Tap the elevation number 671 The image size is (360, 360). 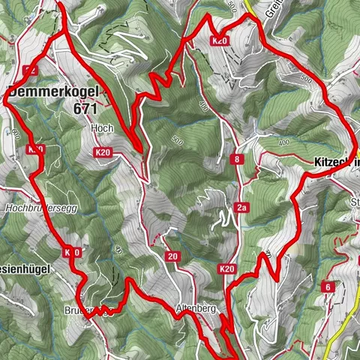pyautogui.click(x=86, y=108)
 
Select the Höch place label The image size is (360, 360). pyautogui.click(x=101, y=128)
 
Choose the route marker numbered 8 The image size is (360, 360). pyautogui.click(x=237, y=159)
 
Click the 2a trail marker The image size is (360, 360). pyautogui.click(x=241, y=208)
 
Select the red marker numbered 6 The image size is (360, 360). pyautogui.click(x=328, y=286)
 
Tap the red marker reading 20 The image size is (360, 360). pyautogui.click(x=173, y=257)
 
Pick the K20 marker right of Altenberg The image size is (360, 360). pyautogui.click(x=228, y=268)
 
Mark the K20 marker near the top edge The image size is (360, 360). pyautogui.click(x=220, y=40)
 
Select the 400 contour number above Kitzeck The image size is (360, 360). pyautogui.click(x=282, y=142)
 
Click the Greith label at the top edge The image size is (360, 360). pyautogui.click(x=273, y=9)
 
